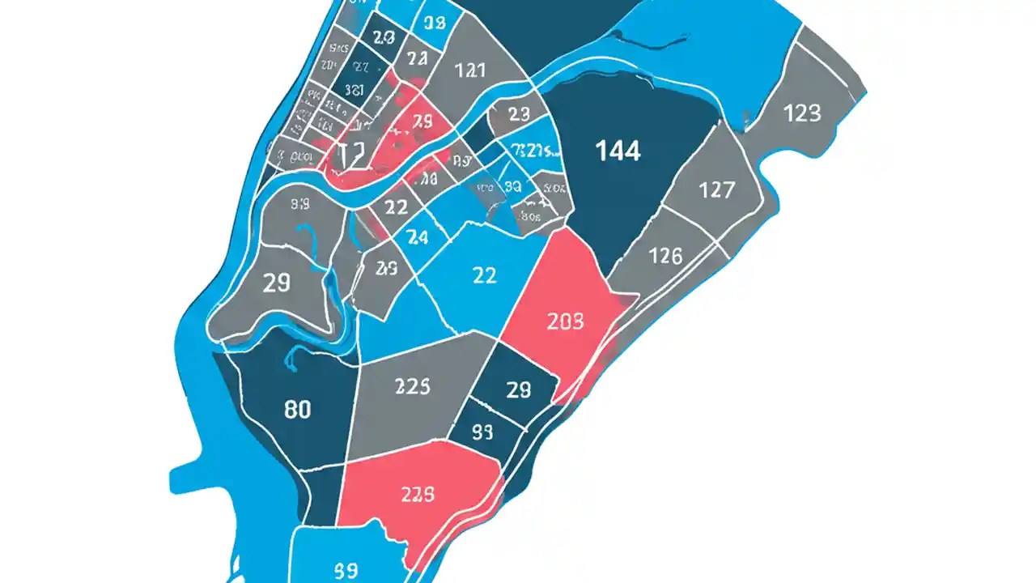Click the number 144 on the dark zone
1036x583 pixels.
point(618,151)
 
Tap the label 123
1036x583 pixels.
point(802,113)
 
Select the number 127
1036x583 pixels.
point(716,190)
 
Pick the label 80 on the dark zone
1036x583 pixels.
point(298,410)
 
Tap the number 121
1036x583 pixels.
point(470,70)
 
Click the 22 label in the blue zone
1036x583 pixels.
point(483,275)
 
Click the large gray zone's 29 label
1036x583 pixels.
point(277,283)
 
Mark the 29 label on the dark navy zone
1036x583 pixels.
point(518,390)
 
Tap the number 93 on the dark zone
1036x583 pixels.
point(482,432)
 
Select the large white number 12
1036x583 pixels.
point(352,153)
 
